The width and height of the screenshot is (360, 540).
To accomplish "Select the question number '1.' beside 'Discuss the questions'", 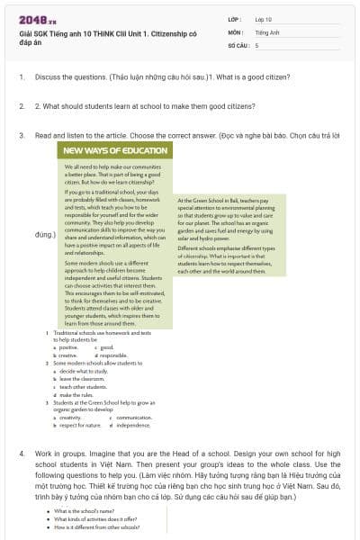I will pyautogui.click(x=22, y=76).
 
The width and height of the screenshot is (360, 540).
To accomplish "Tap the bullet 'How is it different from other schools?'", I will pyautogui.click(x=97, y=526).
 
